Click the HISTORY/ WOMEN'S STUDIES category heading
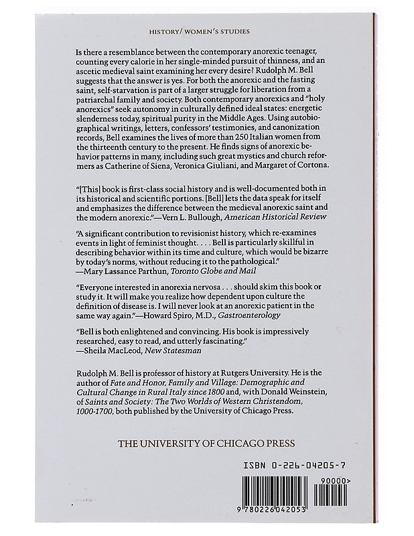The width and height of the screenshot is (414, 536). click(x=207, y=31)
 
